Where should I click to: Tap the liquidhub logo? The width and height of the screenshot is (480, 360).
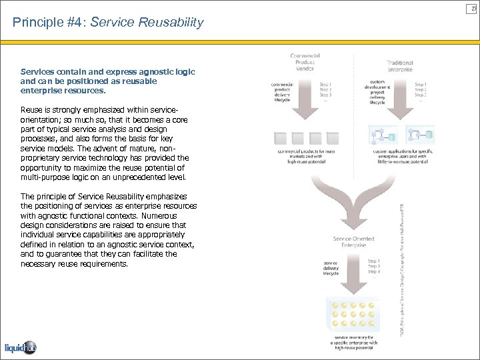click(x=19, y=347)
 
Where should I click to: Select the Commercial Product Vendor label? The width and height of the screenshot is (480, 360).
click(x=304, y=63)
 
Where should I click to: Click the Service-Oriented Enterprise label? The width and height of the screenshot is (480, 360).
click(x=353, y=242)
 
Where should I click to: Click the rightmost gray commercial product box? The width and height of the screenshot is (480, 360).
click(x=332, y=139)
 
